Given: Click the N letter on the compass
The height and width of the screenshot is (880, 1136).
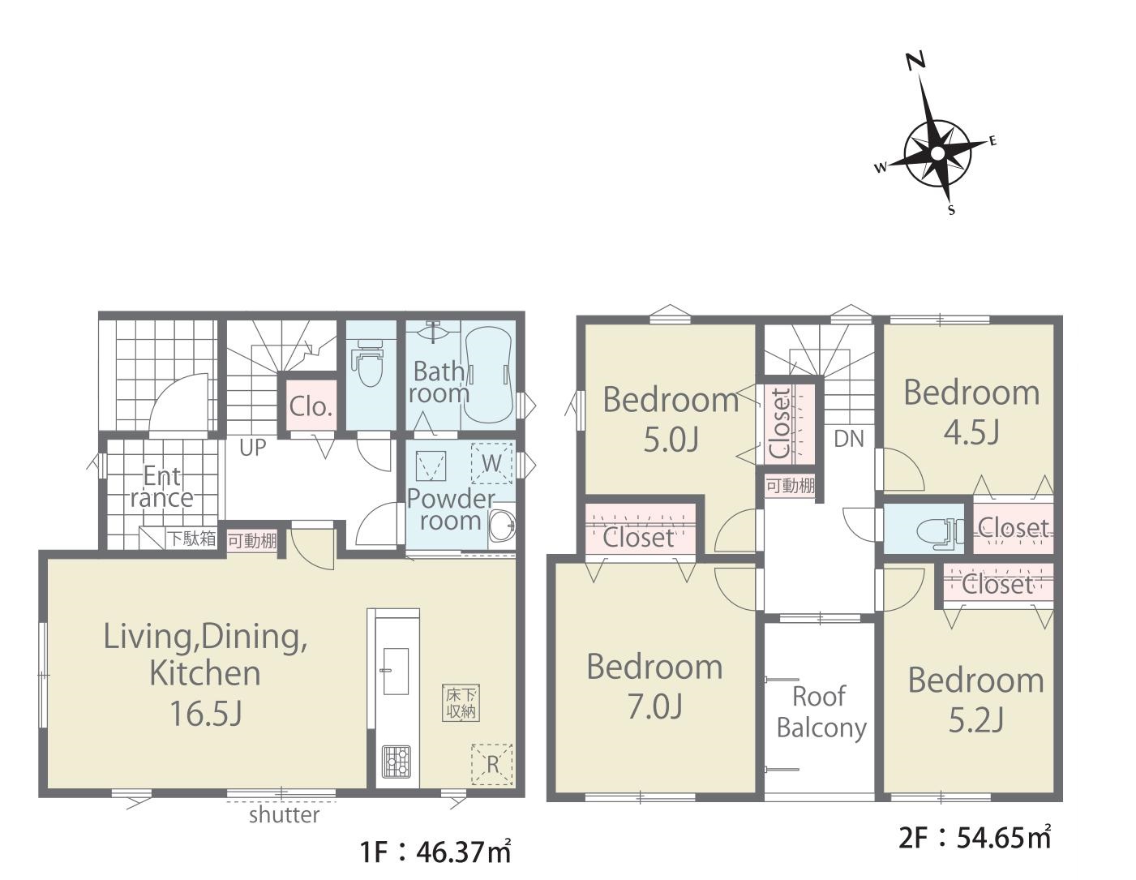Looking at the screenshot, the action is (x=915, y=62).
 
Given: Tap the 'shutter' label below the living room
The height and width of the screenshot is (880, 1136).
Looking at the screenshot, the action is (x=284, y=814).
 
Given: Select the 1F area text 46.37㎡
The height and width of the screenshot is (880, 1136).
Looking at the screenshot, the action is (x=463, y=854).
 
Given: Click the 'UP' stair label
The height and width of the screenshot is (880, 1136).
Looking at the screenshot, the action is (x=252, y=448).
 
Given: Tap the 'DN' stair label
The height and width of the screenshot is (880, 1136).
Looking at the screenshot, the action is (x=849, y=440).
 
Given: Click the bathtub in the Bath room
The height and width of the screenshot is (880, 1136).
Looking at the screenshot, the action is (x=487, y=374).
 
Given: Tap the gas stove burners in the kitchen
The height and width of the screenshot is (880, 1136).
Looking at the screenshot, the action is (x=397, y=762).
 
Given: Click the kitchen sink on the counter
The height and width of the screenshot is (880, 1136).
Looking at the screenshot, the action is (x=397, y=672).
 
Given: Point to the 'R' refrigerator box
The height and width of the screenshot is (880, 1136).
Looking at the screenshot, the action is (x=491, y=765).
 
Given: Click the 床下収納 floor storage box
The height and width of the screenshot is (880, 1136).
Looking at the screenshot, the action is (x=461, y=703).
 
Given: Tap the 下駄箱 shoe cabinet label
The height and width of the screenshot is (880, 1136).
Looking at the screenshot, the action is (x=191, y=539).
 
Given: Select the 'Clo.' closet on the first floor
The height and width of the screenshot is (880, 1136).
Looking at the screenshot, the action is (x=311, y=407).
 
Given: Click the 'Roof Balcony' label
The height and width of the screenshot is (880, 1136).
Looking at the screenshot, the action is (x=821, y=713).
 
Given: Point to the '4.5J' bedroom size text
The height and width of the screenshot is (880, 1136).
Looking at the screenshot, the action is (x=972, y=433).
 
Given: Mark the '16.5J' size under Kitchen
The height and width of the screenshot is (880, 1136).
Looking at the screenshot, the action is (x=206, y=713).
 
